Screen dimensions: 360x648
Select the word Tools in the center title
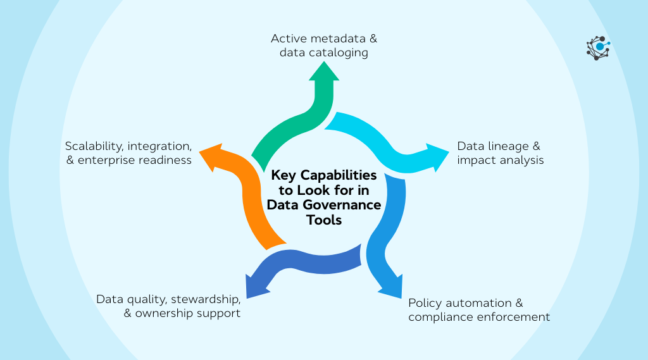click(323, 220)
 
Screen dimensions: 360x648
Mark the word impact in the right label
click(476, 160)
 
